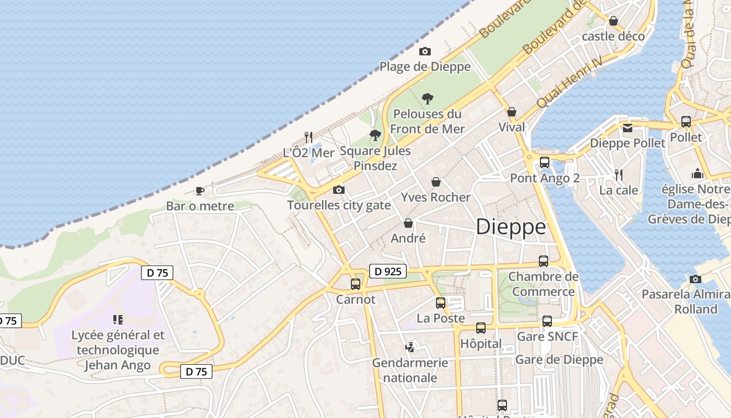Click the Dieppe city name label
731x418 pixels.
tap(511, 227)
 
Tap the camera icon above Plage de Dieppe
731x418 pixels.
tap(425, 51)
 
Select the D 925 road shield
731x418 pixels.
tap(388, 271)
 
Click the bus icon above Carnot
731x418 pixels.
tap(356, 284)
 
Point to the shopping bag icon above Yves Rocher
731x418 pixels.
tap(436, 182)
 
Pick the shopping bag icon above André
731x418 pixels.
tap(408, 223)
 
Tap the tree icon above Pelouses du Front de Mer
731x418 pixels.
tap(428, 98)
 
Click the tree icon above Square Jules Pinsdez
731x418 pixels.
tap(375, 135)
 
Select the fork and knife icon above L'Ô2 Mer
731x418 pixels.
tap(309, 137)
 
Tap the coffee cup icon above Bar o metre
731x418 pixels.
tap(199, 191)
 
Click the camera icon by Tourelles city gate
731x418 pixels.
tap(339, 190)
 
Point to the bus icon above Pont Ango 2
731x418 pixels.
tap(545, 162)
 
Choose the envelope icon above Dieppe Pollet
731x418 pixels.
tap(628, 127)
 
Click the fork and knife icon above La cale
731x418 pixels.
tap(619, 175)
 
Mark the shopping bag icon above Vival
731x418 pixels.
tap(512, 112)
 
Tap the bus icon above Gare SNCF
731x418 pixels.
tap(547, 321)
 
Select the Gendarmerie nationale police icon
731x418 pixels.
tap(410, 347)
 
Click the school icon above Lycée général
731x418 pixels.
tap(118, 319)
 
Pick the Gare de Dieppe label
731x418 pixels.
tap(559, 359)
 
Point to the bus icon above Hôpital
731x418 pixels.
tap(481, 328)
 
